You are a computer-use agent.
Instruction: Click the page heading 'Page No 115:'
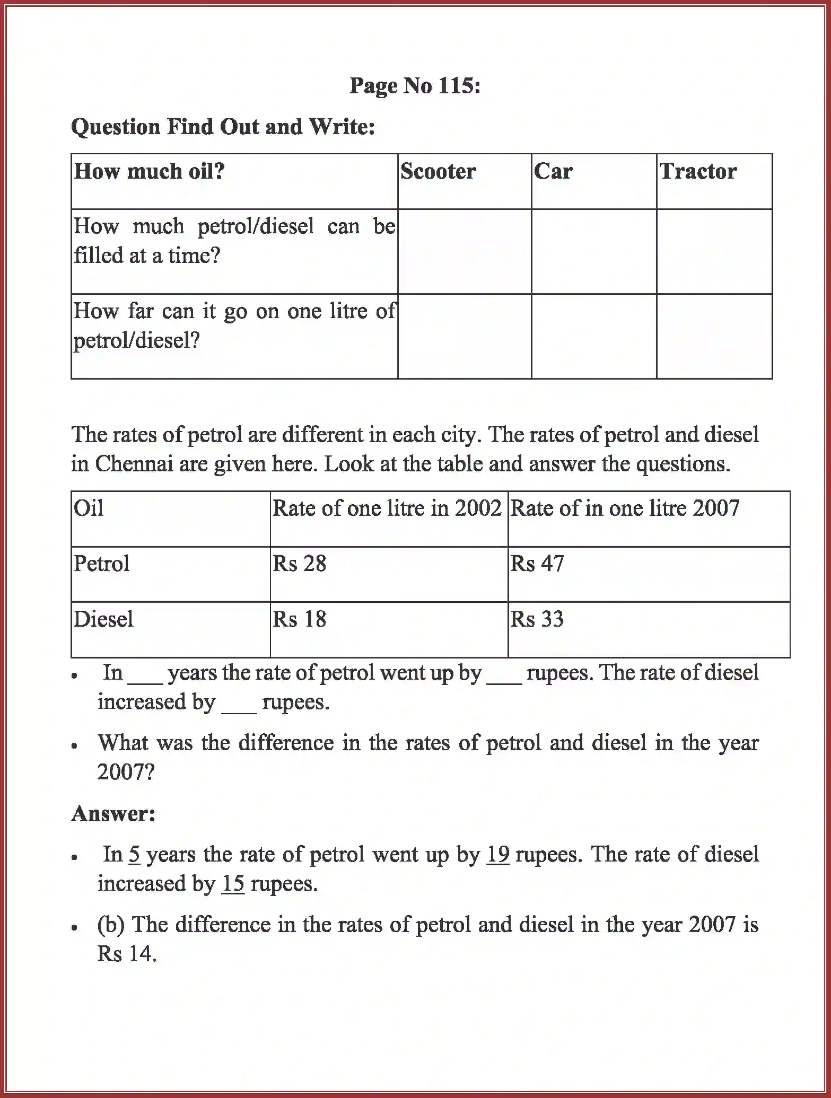(x=415, y=86)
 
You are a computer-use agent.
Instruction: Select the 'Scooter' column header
(x=438, y=171)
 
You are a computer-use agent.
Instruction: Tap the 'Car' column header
(x=553, y=171)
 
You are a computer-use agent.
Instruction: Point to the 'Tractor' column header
(x=697, y=171)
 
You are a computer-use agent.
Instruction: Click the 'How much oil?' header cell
(x=150, y=171)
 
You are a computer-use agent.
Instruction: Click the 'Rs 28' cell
(x=300, y=564)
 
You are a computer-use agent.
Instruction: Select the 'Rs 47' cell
(x=537, y=564)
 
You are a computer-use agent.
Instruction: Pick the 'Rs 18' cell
(x=300, y=619)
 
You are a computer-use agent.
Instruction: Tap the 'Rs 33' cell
(x=537, y=619)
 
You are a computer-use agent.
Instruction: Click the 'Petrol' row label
(x=102, y=564)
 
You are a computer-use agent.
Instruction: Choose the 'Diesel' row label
(x=104, y=619)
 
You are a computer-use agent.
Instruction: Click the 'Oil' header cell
(x=89, y=508)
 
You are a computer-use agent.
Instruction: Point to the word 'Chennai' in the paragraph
(x=134, y=464)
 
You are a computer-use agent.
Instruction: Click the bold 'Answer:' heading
(x=113, y=814)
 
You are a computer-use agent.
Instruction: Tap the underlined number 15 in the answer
(x=233, y=884)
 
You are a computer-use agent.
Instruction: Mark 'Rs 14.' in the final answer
(x=127, y=954)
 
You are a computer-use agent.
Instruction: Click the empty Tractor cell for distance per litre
(x=714, y=336)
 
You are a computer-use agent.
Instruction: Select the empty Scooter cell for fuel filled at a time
(x=465, y=251)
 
